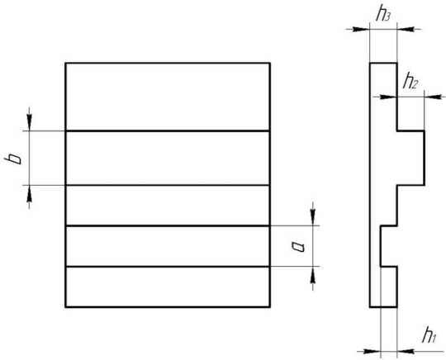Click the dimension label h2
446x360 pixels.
(410, 81)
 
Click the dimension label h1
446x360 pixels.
(429, 335)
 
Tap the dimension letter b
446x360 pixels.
(14, 159)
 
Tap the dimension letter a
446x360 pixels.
(298, 247)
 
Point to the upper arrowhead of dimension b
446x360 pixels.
(29, 122)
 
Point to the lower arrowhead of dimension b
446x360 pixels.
(29, 194)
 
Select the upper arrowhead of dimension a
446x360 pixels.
(313, 217)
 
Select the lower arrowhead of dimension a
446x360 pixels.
(313, 275)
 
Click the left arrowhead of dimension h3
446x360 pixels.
(361, 29)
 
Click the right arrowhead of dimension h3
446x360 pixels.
(406, 29)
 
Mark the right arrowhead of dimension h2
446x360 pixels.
(433, 97)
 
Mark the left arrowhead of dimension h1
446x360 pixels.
(372, 352)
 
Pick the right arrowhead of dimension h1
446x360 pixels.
(406, 352)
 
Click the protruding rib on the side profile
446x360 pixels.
(410, 158)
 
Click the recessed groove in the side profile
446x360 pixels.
(388, 246)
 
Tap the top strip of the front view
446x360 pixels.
(168, 97)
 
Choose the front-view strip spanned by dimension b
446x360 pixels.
(168, 158)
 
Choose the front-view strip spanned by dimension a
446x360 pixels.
(168, 246)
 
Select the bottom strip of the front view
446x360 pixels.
(168, 287)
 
